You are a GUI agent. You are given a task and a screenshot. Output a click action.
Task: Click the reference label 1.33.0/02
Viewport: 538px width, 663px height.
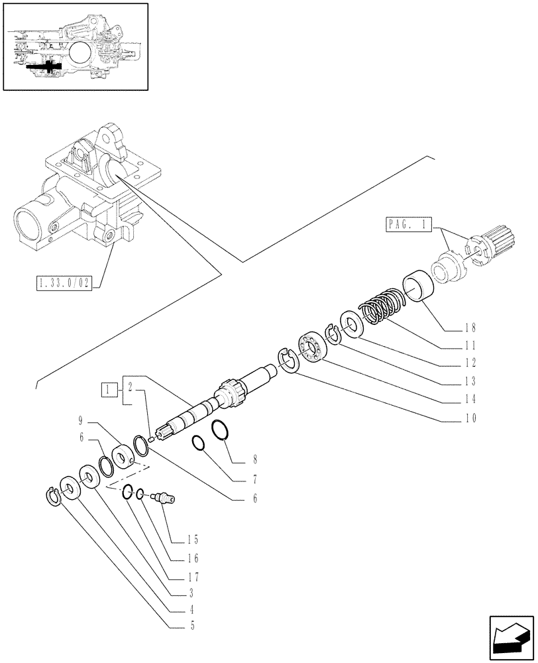click(x=65, y=284)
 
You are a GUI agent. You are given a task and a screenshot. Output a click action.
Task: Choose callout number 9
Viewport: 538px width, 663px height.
click(x=80, y=420)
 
